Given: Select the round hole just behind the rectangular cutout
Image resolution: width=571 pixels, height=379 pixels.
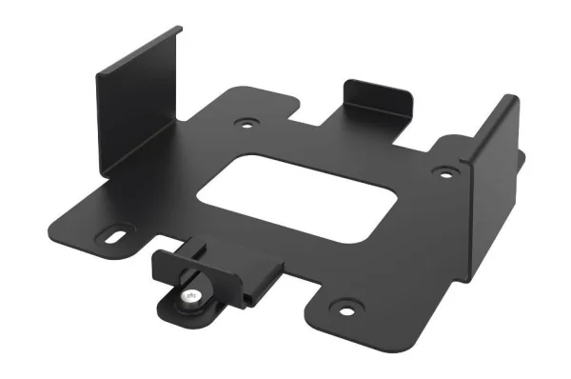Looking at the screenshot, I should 248,123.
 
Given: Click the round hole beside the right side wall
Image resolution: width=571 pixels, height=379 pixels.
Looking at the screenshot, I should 442,172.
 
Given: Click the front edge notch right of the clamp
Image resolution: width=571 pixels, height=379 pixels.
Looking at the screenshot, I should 295,286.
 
